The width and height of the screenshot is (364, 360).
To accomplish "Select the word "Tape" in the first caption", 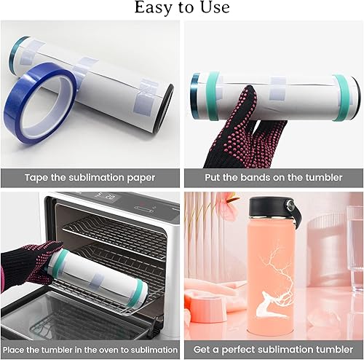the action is coord(36,178).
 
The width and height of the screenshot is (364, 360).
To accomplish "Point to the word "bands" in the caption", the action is coord(256,177).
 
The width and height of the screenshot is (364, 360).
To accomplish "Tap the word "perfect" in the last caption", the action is coord(238,350).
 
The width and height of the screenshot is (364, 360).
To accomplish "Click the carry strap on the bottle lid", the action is coord(296,211).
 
